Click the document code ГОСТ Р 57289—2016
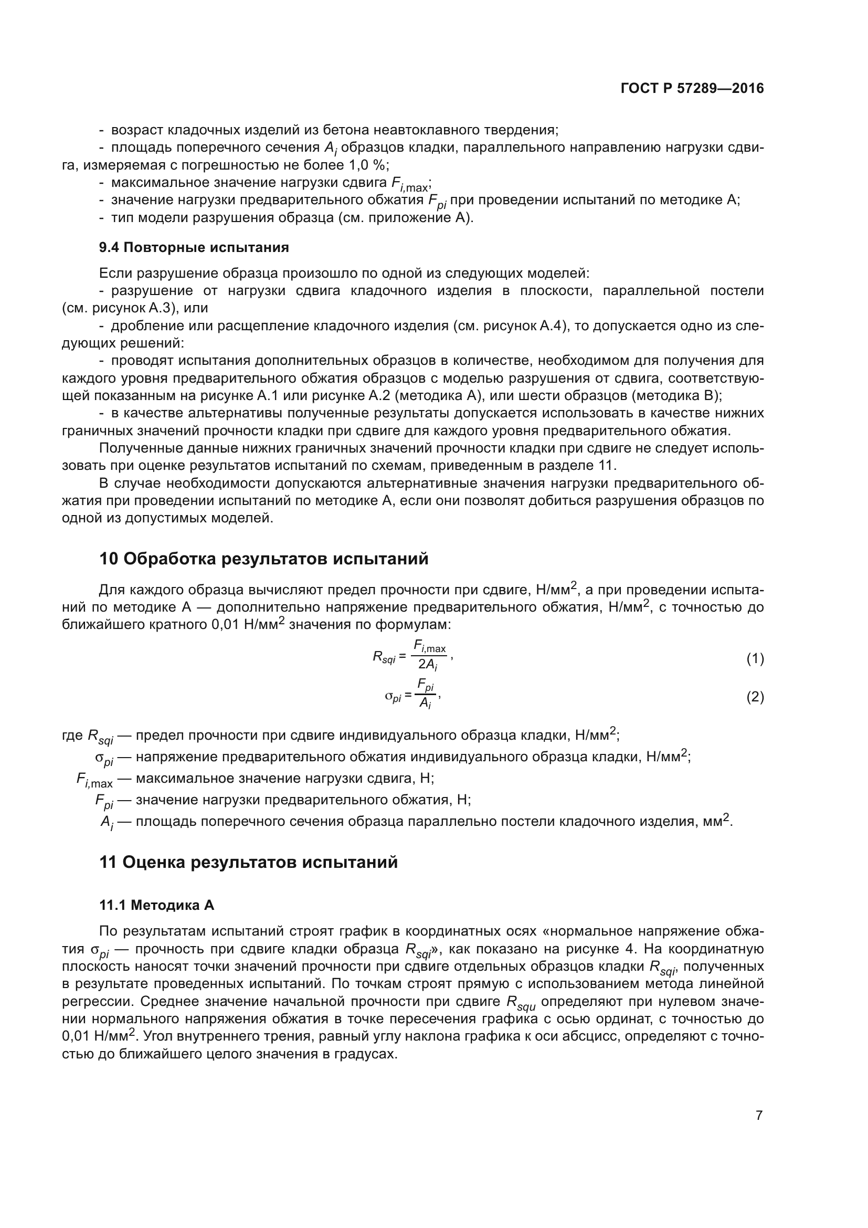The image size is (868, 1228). (692, 89)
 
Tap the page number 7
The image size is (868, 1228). (759, 1115)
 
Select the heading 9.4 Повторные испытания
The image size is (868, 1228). (194, 247)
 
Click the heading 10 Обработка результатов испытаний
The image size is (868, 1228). (263, 559)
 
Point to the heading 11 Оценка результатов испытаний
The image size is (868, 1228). (249, 862)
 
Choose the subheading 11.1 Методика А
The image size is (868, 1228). (156, 905)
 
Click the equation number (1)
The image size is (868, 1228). (755, 659)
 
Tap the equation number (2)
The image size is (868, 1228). (755, 697)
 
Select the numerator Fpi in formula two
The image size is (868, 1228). (426, 685)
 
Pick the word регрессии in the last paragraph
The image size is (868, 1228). (95, 1001)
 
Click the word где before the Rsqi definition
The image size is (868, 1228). (72, 736)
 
